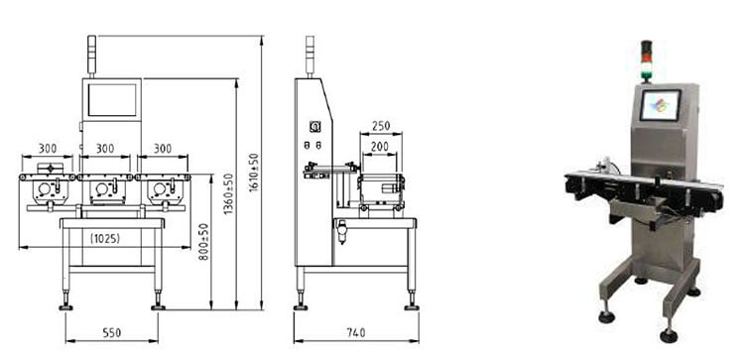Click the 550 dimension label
click(x=112, y=332)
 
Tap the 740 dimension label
click(x=356, y=332)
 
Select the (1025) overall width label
click(x=105, y=239)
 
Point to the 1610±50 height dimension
click(x=254, y=173)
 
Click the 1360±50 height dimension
click(x=229, y=194)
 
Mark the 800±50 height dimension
click(x=203, y=241)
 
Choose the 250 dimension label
click(x=381, y=126)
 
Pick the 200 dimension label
click(x=380, y=147)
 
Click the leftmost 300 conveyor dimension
click(x=48, y=149)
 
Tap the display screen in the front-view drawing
click(x=112, y=100)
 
